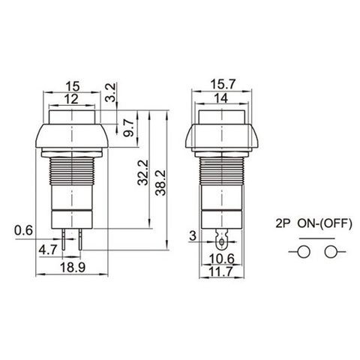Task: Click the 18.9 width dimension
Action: click(73, 268)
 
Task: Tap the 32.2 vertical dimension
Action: click(143, 172)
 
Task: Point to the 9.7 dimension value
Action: click(129, 127)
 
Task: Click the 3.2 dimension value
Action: click(111, 92)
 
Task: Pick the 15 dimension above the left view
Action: click(73, 86)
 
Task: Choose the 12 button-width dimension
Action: click(71, 99)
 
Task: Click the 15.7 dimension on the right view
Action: click(223, 84)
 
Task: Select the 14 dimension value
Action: click(221, 98)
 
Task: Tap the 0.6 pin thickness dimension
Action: click(23, 230)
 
